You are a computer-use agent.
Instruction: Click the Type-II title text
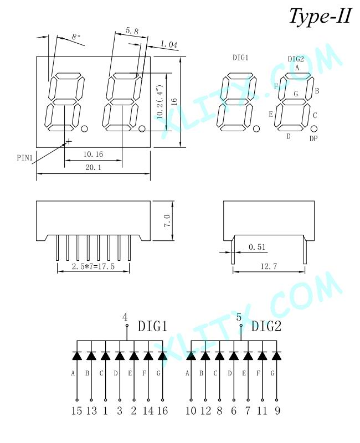320,16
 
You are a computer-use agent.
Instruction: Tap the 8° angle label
76,38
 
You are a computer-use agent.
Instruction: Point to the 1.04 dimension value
168,44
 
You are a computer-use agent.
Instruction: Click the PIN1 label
25,158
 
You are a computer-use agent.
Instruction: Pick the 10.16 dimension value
92,154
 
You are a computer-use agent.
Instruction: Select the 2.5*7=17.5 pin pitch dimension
92,266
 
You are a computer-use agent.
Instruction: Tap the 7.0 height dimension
167,220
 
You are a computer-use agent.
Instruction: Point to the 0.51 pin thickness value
257,246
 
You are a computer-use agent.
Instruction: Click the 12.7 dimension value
268,266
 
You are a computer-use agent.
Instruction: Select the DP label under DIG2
313,139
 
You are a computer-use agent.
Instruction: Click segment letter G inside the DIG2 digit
296,94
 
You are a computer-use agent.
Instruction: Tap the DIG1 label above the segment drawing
240,58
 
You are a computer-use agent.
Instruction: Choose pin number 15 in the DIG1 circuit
76,410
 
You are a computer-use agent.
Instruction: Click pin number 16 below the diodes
162,410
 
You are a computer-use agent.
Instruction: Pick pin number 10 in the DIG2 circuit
191,410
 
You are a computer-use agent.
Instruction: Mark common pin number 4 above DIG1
125,317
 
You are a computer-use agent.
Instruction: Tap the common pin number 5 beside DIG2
239,317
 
